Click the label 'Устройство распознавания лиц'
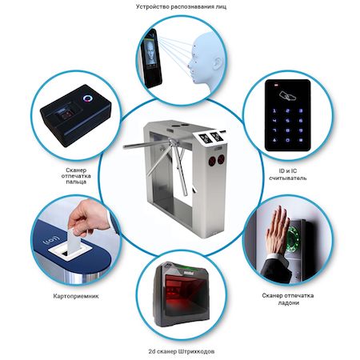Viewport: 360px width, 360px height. [x=181, y=6]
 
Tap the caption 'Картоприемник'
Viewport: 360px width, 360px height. [x=76, y=296]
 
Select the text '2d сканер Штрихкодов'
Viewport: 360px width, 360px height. [x=182, y=351]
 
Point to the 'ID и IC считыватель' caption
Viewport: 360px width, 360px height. [x=287, y=174]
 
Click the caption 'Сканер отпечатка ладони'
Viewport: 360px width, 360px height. [x=288, y=299]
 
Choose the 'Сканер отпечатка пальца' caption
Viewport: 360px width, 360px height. [x=76, y=176]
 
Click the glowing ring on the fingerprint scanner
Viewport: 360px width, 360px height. [x=88, y=98]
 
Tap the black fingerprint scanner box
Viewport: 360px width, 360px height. [x=76, y=115]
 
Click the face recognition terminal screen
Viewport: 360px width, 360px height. [x=150, y=53]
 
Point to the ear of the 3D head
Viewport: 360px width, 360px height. [x=218, y=63]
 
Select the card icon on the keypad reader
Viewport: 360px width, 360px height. [x=287, y=96]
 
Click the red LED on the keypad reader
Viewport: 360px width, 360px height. [x=276, y=86]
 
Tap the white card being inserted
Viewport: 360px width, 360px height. [x=74, y=242]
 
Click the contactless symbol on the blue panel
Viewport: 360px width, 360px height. [x=50, y=240]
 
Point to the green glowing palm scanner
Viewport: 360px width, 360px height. [x=295, y=238]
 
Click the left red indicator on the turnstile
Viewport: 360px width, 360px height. [x=212, y=161]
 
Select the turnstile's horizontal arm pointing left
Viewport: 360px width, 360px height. [x=146, y=145]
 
